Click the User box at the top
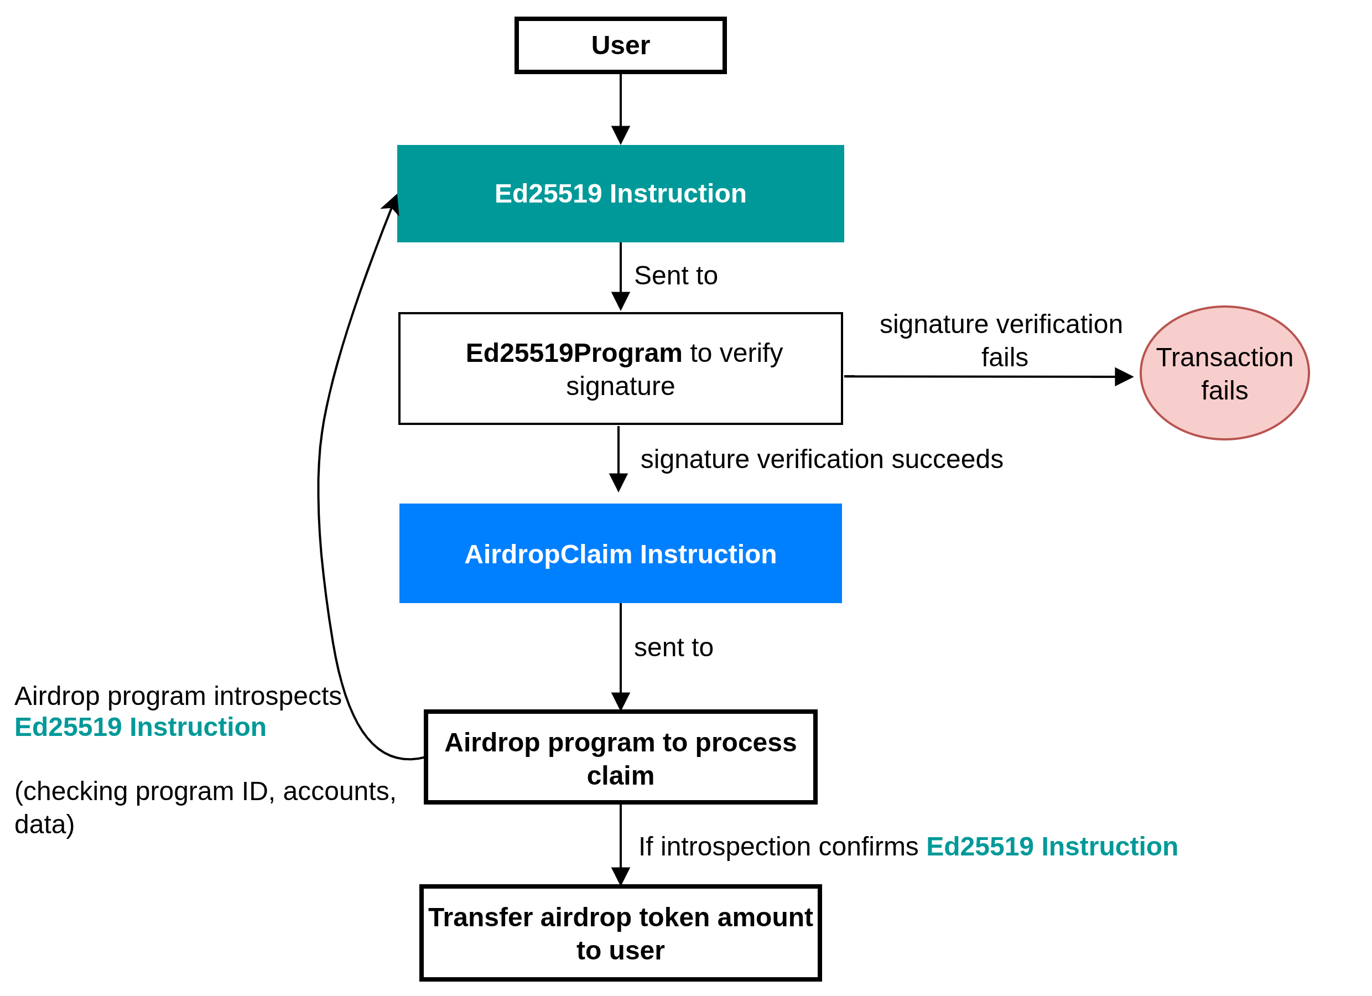tap(620, 45)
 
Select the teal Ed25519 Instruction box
tap(620, 194)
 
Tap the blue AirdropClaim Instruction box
tap(620, 554)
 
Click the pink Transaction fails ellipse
tap(1224, 373)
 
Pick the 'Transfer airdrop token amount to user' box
tap(620, 933)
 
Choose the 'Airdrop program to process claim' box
tap(620, 758)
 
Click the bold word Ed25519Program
tap(574, 354)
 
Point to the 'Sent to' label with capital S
tap(675, 276)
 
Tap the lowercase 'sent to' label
tap(673, 648)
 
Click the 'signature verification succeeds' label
tap(822, 459)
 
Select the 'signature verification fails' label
tap(1001, 341)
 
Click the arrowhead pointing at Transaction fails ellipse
tap(1124, 377)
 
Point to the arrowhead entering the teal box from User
tap(621, 136)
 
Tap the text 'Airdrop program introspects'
tap(178, 697)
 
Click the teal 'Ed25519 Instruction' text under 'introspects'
tap(141, 727)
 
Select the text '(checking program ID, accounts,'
tap(205, 791)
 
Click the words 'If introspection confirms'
tap(778, 847)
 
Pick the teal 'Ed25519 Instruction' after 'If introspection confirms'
tap(1052, 847)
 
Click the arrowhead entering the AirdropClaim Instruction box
tap(619, 483)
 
